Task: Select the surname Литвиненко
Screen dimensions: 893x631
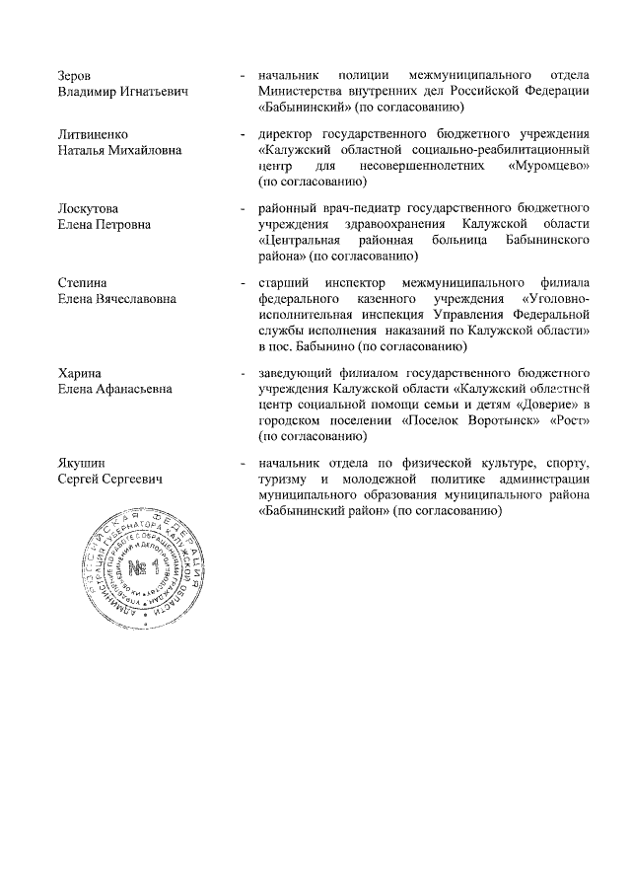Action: (94, 133)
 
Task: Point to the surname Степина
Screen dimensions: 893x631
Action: (83, 283)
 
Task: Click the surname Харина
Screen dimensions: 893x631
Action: (80, 373)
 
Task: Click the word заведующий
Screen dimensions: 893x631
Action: (299, 373)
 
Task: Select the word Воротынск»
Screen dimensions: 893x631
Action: (504, 420)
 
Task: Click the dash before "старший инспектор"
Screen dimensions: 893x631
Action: (243, 283)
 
